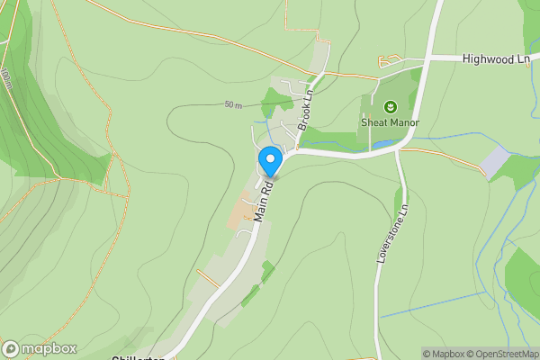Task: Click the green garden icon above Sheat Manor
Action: (390, 107)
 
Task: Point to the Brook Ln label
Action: (305, 109)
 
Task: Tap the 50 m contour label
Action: (233, 105)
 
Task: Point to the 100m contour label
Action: (7, 79)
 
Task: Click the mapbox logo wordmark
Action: (49, 349)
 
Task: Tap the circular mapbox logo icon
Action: (11, 349)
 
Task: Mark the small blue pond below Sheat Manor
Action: (382, 144)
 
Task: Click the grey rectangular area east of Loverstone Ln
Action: (495, 163)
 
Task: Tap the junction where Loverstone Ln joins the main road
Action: (398, 151)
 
